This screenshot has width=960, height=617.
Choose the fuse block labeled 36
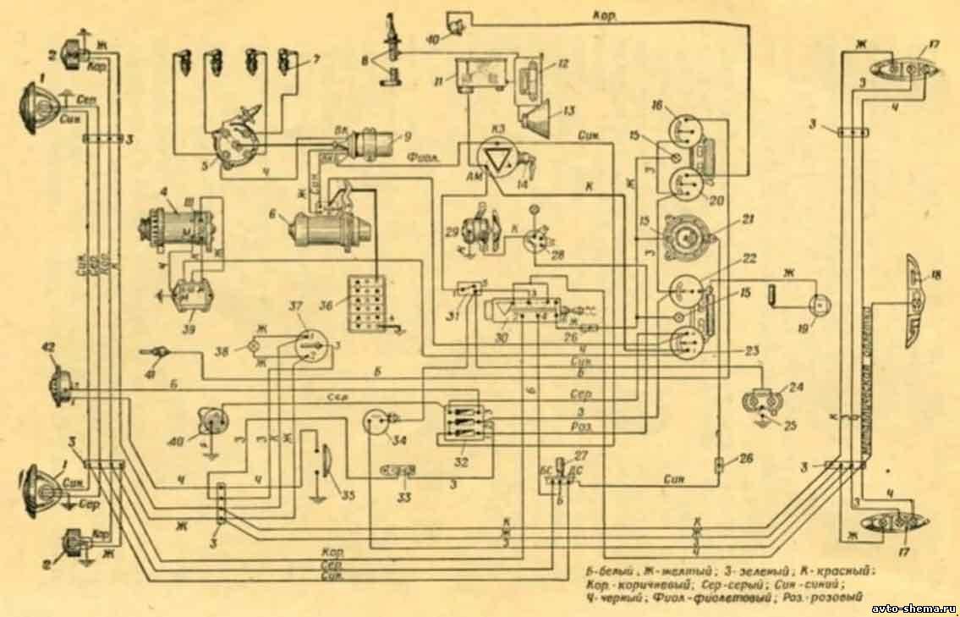(x=366, y=303)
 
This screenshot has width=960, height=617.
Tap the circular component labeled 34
(x=376, y=421)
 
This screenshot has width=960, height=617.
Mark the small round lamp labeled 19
(x=818, y=306)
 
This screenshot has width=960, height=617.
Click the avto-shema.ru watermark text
(x=913, y=608)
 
